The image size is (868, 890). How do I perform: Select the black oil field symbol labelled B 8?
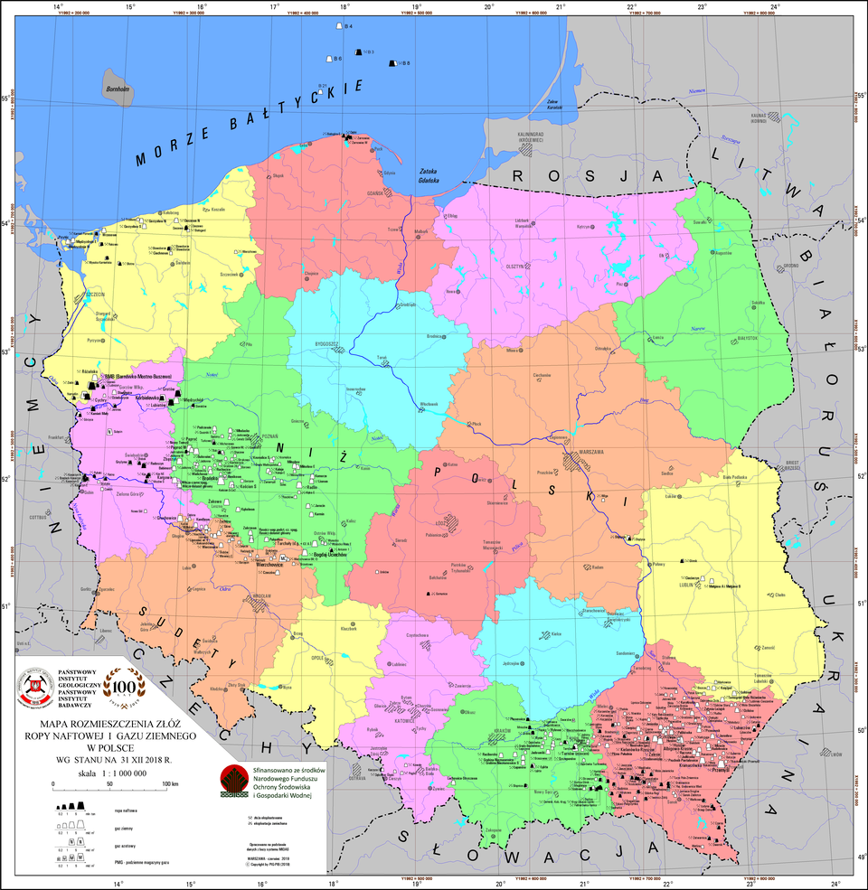pos(393,62)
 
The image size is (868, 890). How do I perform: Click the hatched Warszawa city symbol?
pos(574,460)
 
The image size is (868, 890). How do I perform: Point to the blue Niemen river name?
pos(695,90)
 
